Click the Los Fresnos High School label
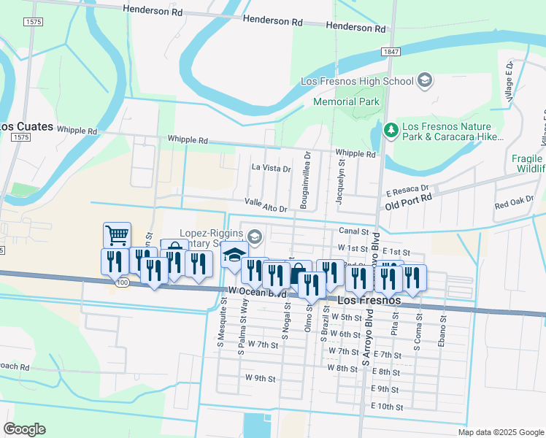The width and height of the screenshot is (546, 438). (357, 81)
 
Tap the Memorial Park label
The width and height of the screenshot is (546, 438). (346, 101)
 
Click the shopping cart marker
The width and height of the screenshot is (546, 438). (117, 235)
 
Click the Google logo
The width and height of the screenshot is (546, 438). (24, 429)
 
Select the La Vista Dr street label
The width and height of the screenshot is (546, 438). (271, 168)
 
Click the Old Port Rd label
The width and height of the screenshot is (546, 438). (409, 197)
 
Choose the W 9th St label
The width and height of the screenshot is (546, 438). (260, 378)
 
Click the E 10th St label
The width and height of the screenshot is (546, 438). (387, 406)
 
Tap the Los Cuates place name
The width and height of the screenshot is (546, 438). (27, 126)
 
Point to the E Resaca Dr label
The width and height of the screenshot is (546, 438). (407, 188)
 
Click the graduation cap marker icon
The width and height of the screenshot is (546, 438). (234, 255)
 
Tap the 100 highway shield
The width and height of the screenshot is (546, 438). (123, 282)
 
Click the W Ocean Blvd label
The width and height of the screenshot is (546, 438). (257, 292)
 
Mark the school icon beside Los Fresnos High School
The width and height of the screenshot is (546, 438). (424, 81)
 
